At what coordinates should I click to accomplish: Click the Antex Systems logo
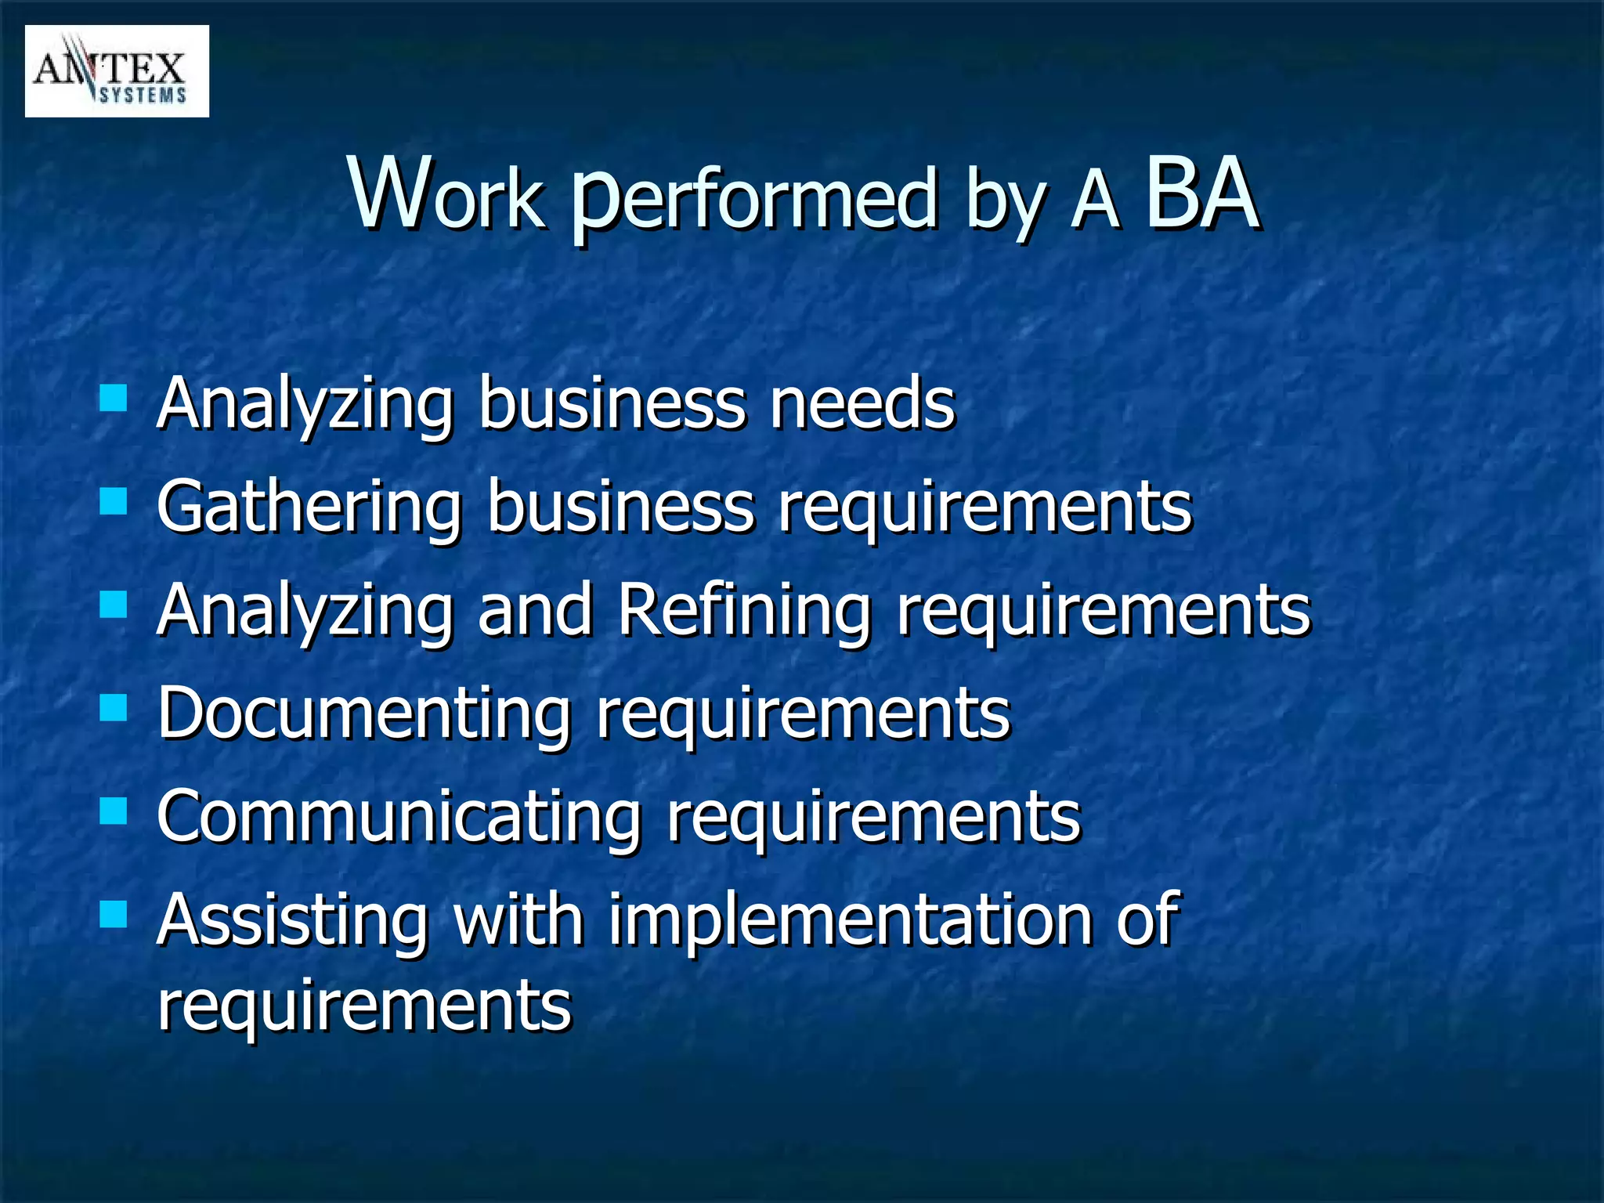coord(117,71)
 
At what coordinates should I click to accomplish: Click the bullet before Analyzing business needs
coord(114,398)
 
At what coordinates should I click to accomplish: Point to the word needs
coord(862,403)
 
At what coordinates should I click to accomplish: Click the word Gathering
coord(309,508)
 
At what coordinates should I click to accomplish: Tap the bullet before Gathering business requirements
coord(114,501)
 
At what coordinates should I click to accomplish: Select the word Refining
coord(744,611)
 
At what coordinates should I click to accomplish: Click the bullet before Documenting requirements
coord(114,709)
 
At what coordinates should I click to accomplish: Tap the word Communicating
coord(399,817)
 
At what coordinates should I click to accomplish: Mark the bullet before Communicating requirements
coord(114,812)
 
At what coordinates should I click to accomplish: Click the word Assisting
coord(292,920)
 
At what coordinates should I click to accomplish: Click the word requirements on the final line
coord(364,1006)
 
